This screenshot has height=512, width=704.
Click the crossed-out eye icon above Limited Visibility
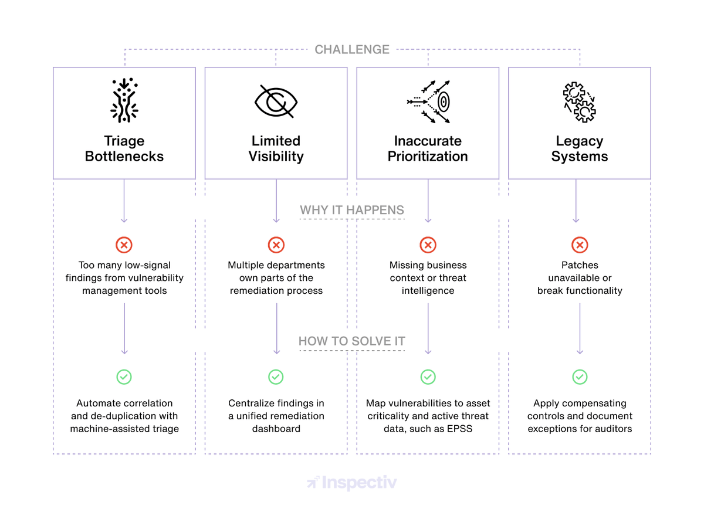(276, 101)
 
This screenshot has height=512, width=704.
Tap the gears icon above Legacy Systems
(580, 101)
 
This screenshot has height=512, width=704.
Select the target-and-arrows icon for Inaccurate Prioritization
(428, 102)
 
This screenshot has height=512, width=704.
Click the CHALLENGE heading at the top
(352, 50)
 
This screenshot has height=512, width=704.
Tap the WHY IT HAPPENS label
(352, 210)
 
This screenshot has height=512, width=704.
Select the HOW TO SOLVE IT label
(352, 341)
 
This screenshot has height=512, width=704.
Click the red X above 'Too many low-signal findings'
(124, 245)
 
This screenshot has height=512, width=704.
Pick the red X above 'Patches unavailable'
(580, 245)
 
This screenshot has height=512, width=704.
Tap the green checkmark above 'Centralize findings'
(276, 377)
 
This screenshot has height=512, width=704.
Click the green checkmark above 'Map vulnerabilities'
(428, 377)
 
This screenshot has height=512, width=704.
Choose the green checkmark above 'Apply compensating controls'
(580, 377)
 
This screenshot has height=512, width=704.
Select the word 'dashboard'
(276, 429)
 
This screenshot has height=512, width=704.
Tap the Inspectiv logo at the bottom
(352, 483)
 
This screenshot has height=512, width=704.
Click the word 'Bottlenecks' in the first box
(124, 157)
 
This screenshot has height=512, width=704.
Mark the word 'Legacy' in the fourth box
(580, 141)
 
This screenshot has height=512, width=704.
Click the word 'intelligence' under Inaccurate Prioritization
(428, 291)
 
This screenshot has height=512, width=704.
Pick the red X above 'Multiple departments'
(276, 245)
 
